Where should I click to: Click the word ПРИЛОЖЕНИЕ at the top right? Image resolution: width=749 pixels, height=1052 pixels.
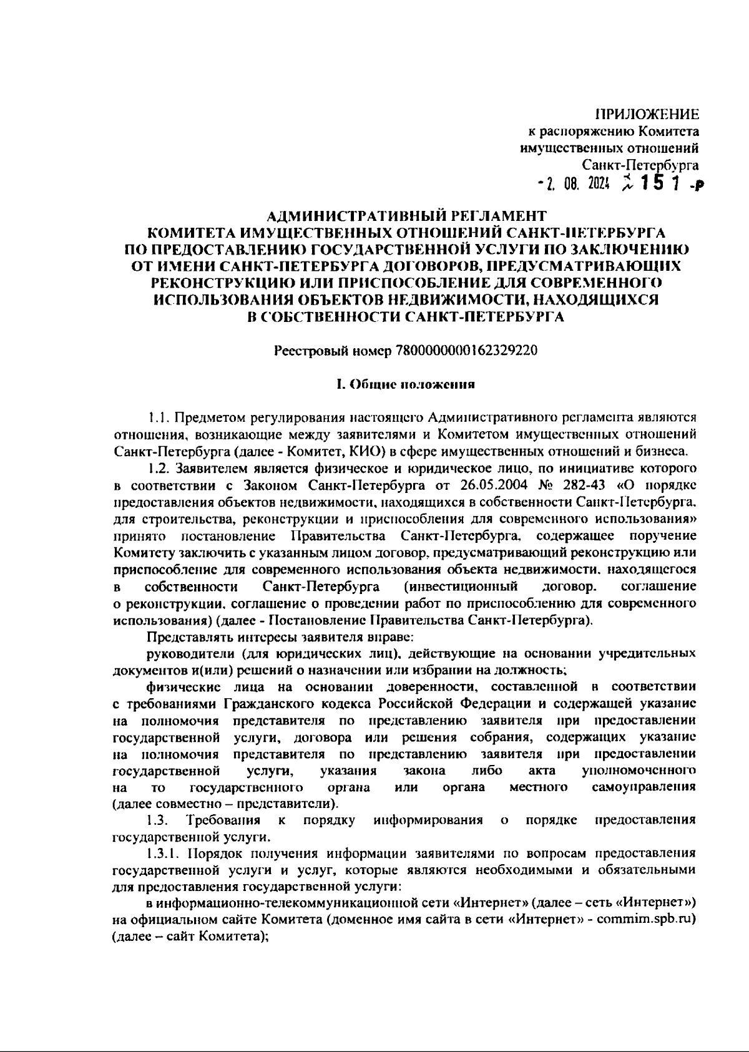click(647, 114)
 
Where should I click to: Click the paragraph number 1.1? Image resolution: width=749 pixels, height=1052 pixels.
click(156, 416)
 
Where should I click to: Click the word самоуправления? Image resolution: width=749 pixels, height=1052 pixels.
click(644, 787)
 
